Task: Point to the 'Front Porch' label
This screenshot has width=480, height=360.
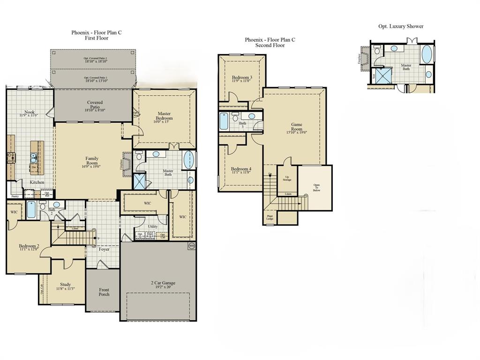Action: tap(104, 292)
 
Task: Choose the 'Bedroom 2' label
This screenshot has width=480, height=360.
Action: tap(29, 247)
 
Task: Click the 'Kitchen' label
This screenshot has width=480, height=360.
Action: tap(37, 182)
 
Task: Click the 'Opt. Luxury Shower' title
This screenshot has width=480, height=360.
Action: tap(401, 26)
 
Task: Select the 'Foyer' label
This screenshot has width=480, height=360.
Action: tap(104, 249)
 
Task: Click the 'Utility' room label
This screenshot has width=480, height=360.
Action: tap(153, 226)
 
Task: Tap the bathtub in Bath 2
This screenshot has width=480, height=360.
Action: tap(31, 210)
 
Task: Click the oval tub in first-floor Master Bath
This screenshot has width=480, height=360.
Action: tap(188, 159)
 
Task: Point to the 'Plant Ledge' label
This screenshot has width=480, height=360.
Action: tap(270, 217)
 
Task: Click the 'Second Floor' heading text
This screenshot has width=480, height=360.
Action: tap(270, 45)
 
